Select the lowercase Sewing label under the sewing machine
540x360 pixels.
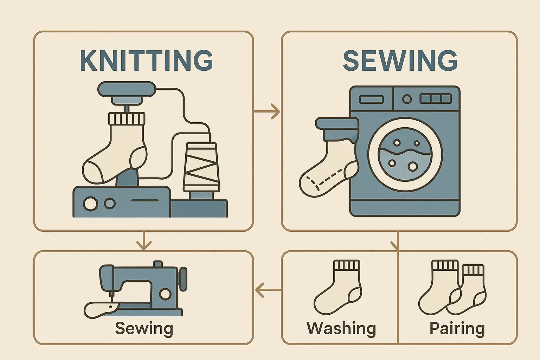[144, 328]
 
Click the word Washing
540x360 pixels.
[341, 328]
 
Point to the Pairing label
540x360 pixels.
[457, 328]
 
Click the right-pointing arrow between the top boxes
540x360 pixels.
[267, 111]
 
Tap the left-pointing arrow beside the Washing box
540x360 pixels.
[268, 290]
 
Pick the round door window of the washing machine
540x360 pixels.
[405, 155]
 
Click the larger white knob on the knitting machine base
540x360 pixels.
[90, 204]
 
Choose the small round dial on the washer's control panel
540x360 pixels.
[407, 99]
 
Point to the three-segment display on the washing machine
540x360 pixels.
[435, 99]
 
